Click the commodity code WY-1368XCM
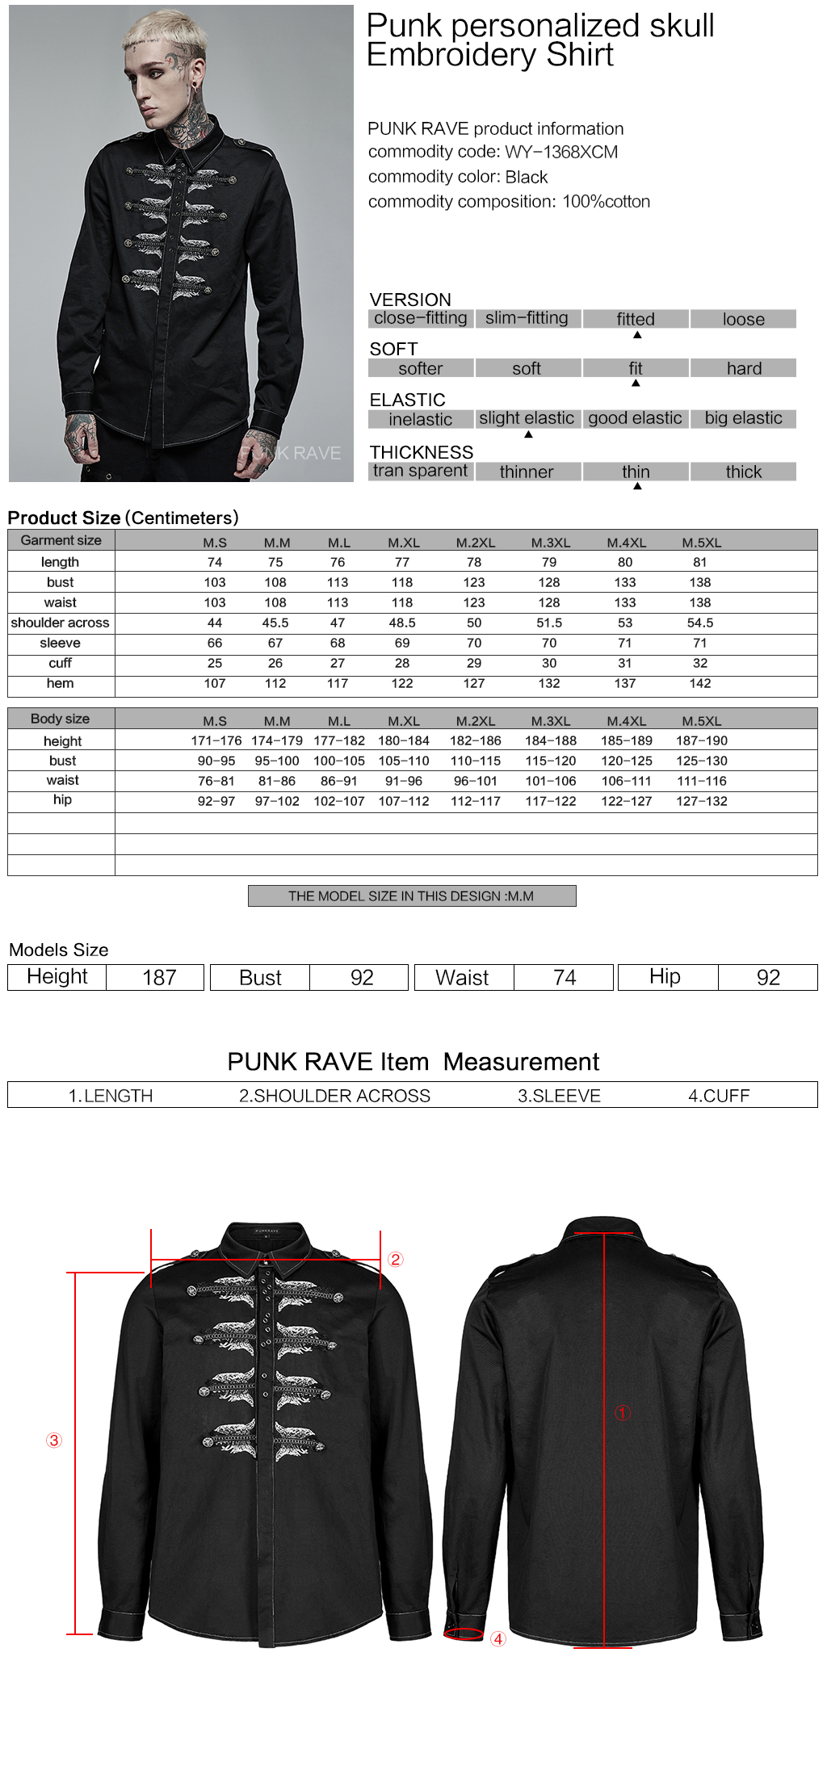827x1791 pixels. pyautogui.click(x=561, y=152)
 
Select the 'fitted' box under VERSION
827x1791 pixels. pyautogui.click(x=636, y=319)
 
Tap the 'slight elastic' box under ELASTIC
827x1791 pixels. pyautogui.click(x=527, y=418)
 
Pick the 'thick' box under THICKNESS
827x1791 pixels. pyautogui.click(x=743, y=472)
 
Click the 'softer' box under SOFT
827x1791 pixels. pyautogui.click(x=421, y=368)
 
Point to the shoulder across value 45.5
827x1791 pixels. pyautogui.click(x=275, y=623)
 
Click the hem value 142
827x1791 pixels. pyautogui.click(x=700, y=683)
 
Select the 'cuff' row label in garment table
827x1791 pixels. pyautogui.click(x=61, y=663)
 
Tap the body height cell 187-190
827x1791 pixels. pyautogui.click(x=702, y=740)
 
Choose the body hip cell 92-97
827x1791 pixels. pyautogui.click(x=216, y=801)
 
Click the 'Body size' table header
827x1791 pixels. pyautogui.click(x=61, y=719)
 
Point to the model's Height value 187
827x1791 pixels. pyautogui.click(x=159, y=978)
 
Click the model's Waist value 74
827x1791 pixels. pyautogui.click(x=565, y=978)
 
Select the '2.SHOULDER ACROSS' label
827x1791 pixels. pyautogui.click(x=334, y=1096)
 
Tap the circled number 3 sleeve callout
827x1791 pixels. pyautogui.click(x=54, y=1441)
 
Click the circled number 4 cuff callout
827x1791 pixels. pyautogui.click(x=498, y=1639)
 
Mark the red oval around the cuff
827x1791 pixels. pyautogui.click(x=464, y=1634)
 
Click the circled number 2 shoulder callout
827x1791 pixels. pyautogui.click(x=395, y=1260)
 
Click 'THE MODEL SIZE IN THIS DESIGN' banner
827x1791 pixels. pyautogui.click(x=411, y=896)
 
